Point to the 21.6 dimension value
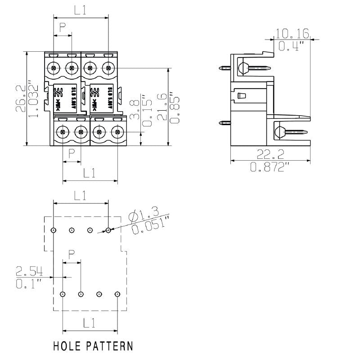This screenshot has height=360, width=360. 163,107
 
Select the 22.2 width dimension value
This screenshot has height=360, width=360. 270,155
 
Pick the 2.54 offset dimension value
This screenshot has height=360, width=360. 29,271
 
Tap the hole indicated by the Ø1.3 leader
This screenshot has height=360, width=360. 108,230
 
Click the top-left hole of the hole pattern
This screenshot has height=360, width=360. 54,230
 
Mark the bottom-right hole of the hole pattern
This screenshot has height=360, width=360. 117,294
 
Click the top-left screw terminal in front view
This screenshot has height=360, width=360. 54,68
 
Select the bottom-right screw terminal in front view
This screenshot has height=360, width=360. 117,132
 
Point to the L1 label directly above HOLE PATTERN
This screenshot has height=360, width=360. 89,323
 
